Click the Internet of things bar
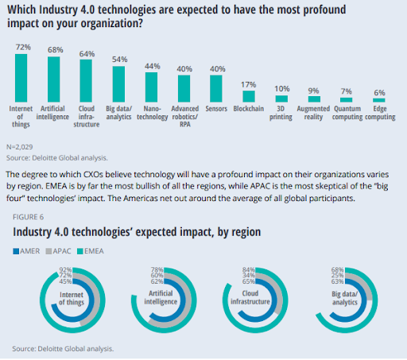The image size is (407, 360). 21,78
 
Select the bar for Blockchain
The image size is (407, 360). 249,96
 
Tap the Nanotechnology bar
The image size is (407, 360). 151,87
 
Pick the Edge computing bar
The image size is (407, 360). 379,100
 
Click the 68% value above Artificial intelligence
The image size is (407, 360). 56,50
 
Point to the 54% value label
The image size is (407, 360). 120,60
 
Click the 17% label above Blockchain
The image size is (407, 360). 249,85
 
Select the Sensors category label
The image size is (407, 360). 216,109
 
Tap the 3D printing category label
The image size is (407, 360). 281,113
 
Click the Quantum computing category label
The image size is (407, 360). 347,113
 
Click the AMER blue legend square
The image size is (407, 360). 16,251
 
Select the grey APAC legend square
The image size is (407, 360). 48,251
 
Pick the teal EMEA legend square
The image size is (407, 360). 80,251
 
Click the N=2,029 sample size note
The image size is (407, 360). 20,147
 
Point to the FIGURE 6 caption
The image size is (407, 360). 28,217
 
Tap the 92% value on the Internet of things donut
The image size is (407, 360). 65,270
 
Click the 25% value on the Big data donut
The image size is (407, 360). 338,276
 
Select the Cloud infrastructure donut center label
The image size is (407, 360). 250,297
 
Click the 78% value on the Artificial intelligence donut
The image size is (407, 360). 157,270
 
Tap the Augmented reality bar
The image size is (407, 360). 314,99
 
